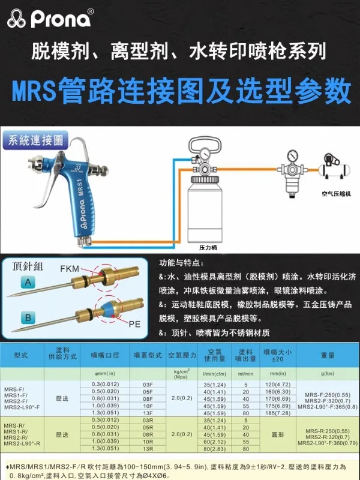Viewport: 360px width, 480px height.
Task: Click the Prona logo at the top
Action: (50, 20)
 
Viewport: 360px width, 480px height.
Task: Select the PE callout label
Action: (136, 323)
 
